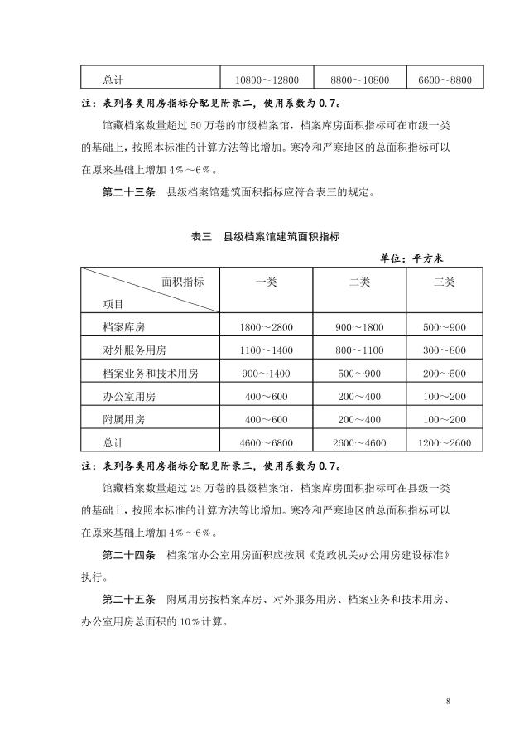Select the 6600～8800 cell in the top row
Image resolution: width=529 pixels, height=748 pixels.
tap(445, 80)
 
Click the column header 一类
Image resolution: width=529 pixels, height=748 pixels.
tap(267, 282)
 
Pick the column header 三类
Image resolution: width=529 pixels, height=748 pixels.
tap(445, 282)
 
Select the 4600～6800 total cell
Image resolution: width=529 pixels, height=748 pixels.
tap(267, 442)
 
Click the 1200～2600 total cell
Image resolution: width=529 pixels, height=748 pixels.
tap(445, 442)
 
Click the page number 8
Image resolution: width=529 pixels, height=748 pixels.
tap(448, 702)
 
